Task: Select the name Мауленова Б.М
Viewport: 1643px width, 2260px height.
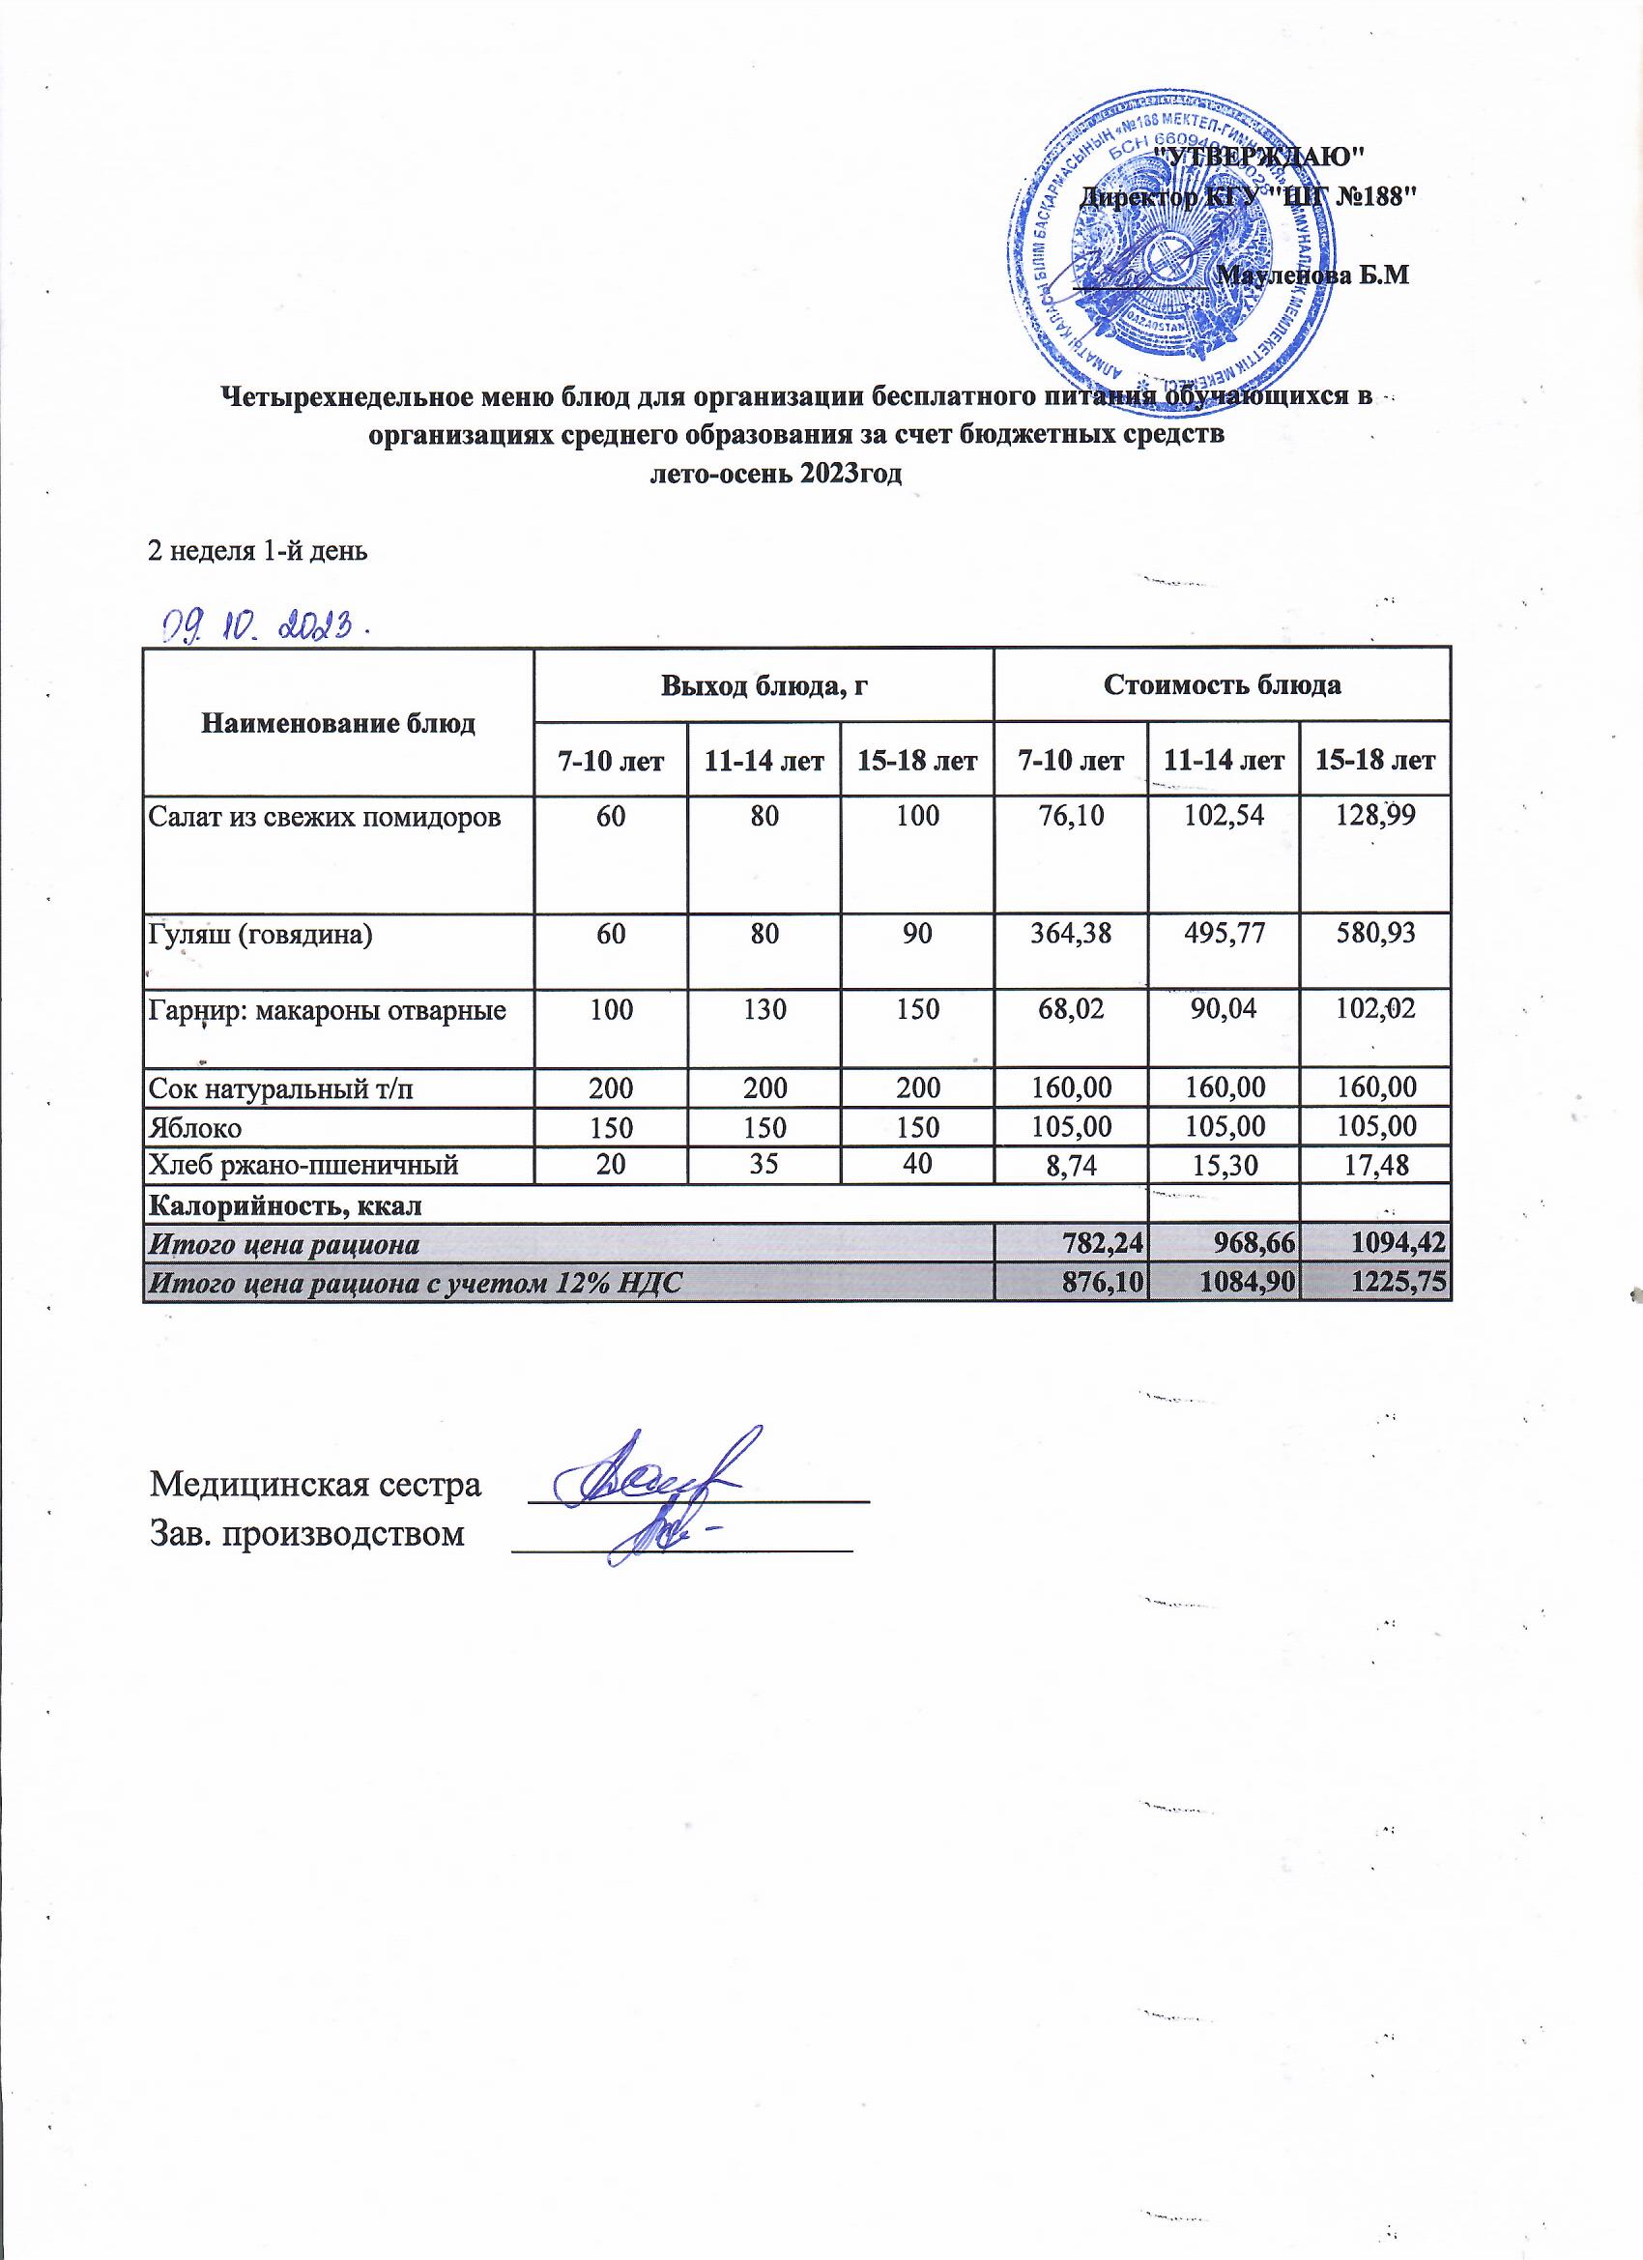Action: coord(1314,276)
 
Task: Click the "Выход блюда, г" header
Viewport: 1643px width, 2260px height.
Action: coord(764,685)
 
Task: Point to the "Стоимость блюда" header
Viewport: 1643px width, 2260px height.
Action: coord(1222,685)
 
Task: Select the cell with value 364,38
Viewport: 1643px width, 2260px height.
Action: coord(1071,934)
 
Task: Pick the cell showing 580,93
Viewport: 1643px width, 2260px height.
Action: coord(1375,934)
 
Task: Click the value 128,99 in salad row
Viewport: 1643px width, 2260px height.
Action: coord(1375,817)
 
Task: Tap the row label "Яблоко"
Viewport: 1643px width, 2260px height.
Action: coord(194,1127)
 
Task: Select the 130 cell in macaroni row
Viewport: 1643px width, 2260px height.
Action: coord(764,1010)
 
